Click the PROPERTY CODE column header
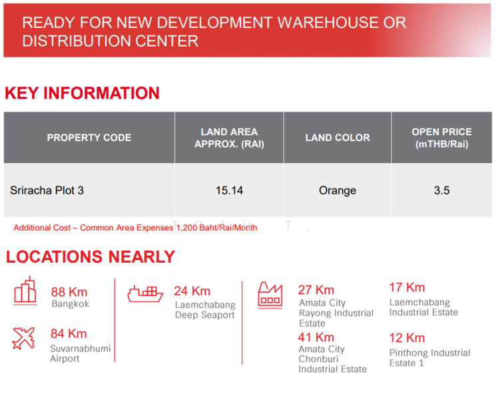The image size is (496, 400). pyautogui.click(x=89, y=138)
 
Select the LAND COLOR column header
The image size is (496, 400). pyautogui.click(x=338, y=138)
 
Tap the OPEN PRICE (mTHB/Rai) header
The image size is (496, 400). pyautogui.click(x=441, y=138)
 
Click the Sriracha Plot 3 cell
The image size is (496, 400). pyautogui.click(x=47, y=191)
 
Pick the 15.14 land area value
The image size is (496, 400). pyautogui.click(x=229, y=191)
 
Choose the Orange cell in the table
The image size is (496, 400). pyautogui.click(x=338, y=191)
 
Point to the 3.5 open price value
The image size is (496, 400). pyautogui.click(x=441, y=191)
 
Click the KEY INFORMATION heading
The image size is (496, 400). pyautogui.click(x=83, y=93)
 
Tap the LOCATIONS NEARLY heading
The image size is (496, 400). pyautogui.click(x=91, y=257)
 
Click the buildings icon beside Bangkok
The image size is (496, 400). pyautogui.click(x=25, y=293)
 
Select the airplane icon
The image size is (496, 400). pyautogui.click(x=24, y=338)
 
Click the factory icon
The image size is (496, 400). pyautogui.click(x=270, y=294)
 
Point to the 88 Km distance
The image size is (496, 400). pyautogui.click(x=69, y=292)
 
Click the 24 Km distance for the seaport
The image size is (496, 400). pyautogui.click(x=192, y=291)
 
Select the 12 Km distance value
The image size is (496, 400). pyautogui.click(x=407, y=337)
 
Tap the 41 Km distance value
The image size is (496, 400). pyautogui.click(x=316, y=337)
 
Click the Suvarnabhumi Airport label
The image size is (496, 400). pyautogui.click(x=81, y=353)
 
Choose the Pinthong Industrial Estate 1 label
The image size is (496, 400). pyautogui.click(x=429, y=358)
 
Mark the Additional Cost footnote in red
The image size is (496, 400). pyautogui.click(x=135, y=228)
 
